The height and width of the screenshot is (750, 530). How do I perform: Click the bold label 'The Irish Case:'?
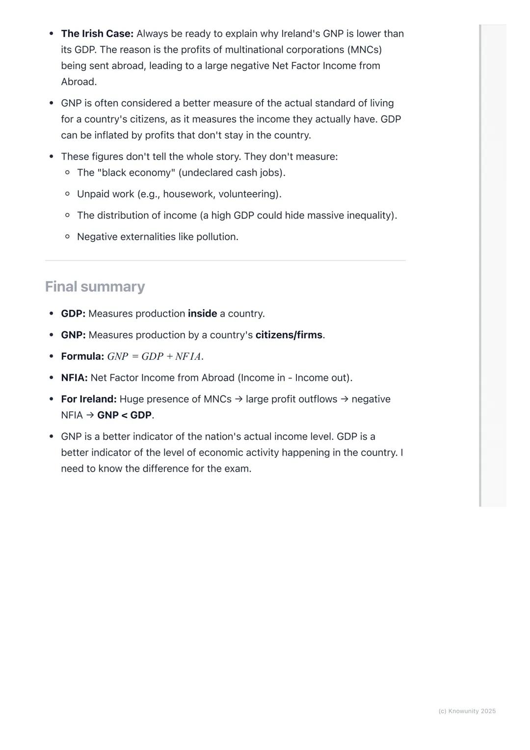[97, 34]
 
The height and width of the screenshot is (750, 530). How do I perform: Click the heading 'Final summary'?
[95, 287]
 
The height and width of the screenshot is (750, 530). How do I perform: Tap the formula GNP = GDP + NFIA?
[155, 357]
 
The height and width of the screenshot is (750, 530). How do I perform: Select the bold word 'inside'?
[202, 314]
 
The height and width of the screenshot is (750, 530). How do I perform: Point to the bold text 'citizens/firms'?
[289, 335]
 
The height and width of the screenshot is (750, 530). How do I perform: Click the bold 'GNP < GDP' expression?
[124, 415]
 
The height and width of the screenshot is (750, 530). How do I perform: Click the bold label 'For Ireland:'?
[89, 400]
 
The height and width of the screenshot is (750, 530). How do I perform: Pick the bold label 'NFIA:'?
[74, 378]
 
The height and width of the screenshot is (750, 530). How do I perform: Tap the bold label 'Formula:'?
[82, 357]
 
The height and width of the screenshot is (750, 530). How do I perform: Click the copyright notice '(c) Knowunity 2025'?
[467, 711]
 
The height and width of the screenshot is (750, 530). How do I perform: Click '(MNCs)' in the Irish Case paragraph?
[365, 50]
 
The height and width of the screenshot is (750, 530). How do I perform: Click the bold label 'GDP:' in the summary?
[73, 314]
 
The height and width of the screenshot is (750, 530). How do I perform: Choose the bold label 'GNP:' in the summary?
[73, 335]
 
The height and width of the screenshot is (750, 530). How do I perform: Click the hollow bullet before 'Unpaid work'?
[67, 194]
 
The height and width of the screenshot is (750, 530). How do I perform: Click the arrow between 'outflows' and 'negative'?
[344, 400]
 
